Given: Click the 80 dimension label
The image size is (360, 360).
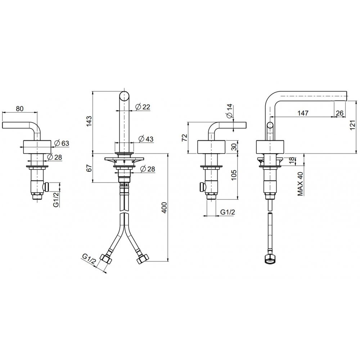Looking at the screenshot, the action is click(x=20, y=108).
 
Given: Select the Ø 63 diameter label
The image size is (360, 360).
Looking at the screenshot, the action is click(x=62, y=143).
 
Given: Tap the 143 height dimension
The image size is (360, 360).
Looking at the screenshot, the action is click(x=89, y=121).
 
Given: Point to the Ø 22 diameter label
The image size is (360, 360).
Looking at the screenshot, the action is click(x=143, y=107).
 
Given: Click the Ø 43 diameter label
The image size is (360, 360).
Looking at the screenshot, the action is click(x=146, y=139).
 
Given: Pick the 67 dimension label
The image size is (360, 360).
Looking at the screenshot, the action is click(x=89, y=168).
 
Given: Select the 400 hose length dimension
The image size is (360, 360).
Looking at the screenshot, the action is click(x=165, y=208).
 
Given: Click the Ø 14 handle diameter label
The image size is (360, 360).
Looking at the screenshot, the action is click(x=230, y=111).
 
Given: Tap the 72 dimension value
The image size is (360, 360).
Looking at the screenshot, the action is click(x=185, y=138).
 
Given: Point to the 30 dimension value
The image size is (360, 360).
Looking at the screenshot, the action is click(x=234, y=147).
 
